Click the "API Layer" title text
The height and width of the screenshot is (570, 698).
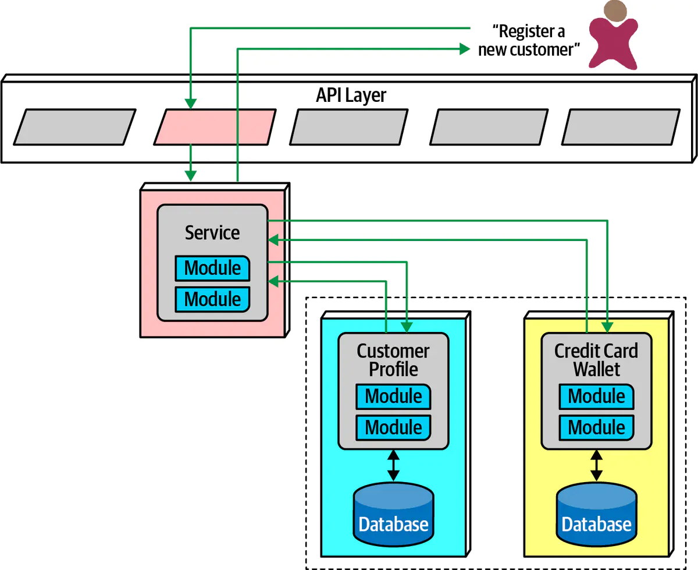coord(351,95)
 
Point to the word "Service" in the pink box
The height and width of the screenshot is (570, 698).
coord(212,232)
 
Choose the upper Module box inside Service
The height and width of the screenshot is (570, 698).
coord(212,268)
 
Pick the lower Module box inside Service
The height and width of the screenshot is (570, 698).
coord(212,299)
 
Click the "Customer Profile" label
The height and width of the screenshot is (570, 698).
coord(393,360)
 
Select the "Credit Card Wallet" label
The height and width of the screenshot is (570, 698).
coord(596,360)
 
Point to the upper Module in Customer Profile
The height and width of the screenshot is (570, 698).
coord(393,396)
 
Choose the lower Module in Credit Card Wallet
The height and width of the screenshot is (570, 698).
coord(596,427)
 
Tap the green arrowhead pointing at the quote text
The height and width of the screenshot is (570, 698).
coord(464,49)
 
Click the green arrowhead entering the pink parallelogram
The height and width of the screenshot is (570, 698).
coord(190,104)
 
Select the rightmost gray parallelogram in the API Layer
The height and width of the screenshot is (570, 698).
coord(621,126)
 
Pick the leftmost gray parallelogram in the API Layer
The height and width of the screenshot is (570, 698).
coord(74,126)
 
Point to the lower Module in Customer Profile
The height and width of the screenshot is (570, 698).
coord(393,427)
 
